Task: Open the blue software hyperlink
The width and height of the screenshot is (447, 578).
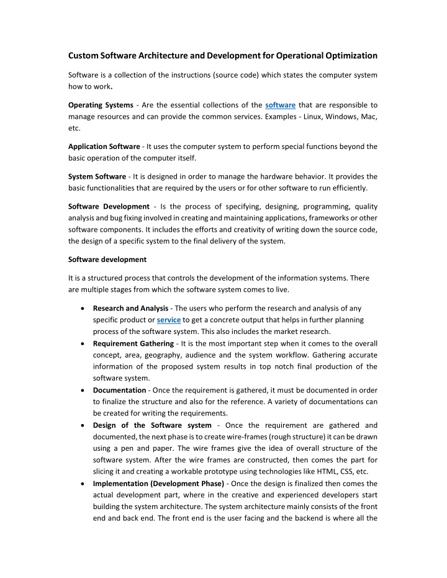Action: point(280,105)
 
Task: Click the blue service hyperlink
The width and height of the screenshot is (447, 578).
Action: point(169,320)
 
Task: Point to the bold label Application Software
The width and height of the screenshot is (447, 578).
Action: point(104,147)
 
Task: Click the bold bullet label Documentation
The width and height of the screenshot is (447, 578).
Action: point(119,391)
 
